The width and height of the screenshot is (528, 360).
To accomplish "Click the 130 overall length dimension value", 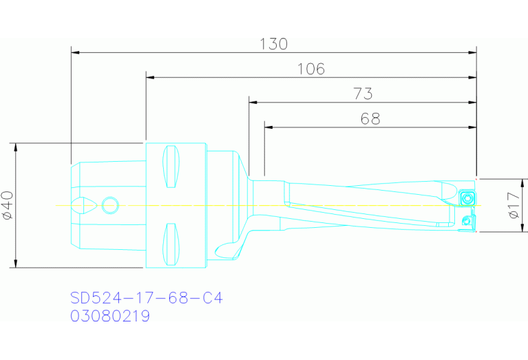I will pos(273,43).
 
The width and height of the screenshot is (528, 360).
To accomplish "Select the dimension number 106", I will pos(310,69).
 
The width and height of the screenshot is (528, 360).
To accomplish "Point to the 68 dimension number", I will pos(370,118).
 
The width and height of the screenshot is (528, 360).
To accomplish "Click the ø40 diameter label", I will pos(8,205).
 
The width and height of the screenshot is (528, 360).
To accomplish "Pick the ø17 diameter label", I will pos(512,205).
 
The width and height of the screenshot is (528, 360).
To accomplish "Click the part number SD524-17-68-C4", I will pos(147,298).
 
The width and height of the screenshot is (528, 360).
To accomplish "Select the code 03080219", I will pos(109,316).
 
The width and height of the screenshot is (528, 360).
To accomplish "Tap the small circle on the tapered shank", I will pos(109,204).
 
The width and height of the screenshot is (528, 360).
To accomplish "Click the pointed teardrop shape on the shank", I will pos(87,205).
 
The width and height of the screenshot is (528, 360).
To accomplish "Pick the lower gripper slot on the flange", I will pos(171,244).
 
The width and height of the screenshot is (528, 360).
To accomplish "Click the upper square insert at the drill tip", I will pos(467,198).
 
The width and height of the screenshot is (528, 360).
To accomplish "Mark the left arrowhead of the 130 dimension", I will pos(76,52).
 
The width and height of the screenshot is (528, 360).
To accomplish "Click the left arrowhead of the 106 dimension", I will pos(150,77).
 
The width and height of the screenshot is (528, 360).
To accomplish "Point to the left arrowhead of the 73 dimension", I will pos(253,103).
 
